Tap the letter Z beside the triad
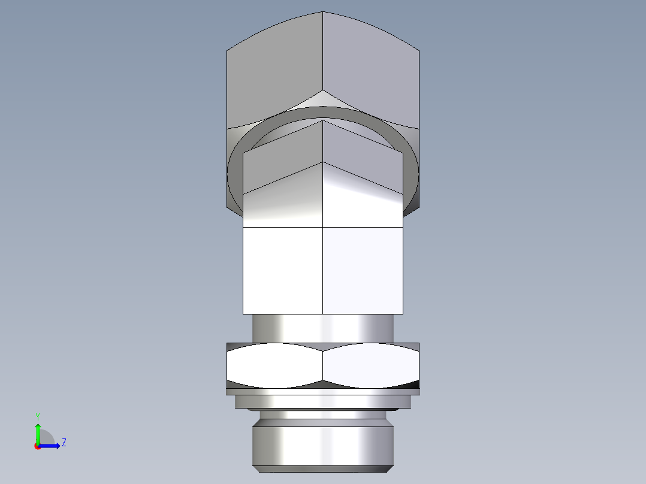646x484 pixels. point(64,443)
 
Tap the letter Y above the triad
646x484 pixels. point(37,416)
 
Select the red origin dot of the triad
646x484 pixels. point(37,446)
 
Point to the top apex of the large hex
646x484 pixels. point(323,13)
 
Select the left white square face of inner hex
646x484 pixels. point(282,270)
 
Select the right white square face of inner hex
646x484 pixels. point(363,270)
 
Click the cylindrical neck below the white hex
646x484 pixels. point(323,328)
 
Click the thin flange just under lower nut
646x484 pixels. point(323,392)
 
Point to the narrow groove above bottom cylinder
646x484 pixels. point(323,414)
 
